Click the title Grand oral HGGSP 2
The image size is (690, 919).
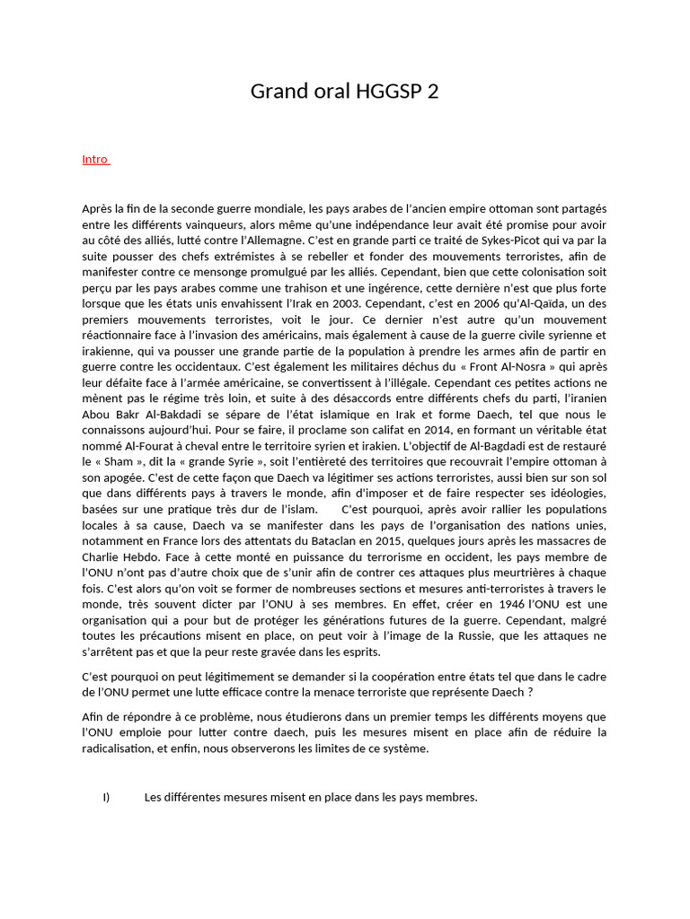point(344,92)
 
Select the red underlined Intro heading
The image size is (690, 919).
point(95,160)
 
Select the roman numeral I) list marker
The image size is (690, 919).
point(106,798)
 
